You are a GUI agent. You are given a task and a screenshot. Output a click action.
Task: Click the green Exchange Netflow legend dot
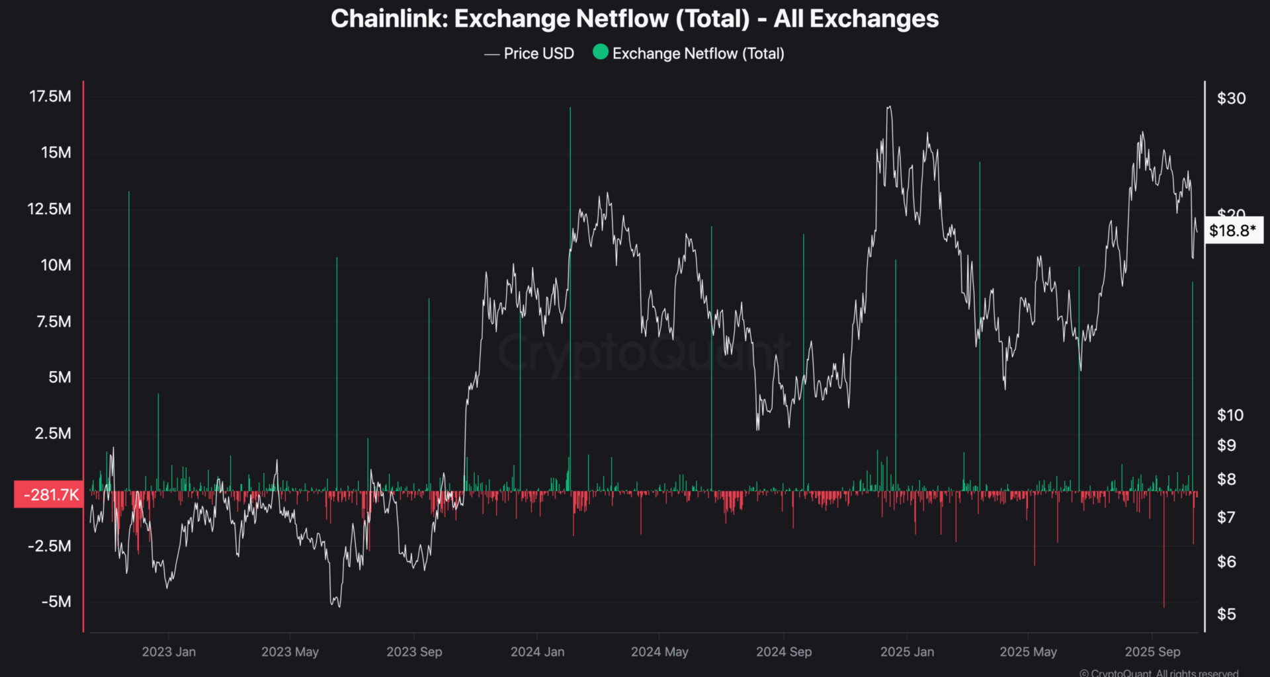pos(601,52)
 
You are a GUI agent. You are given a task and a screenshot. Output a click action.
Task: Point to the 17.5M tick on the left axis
pos(50,97)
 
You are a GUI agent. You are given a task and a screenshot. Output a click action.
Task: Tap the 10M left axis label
pos(56,265)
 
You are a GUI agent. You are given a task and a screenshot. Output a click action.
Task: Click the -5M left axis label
pos(56,602)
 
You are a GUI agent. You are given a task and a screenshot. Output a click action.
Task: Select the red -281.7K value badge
pos(50,495)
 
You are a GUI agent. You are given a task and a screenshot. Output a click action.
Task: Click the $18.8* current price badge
pos(1232,231)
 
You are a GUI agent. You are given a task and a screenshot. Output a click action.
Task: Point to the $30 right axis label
pos(1231,99)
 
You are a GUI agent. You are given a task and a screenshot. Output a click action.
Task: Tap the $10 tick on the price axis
pos(1230,415)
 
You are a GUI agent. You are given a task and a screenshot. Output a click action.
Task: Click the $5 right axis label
pos(1226,614)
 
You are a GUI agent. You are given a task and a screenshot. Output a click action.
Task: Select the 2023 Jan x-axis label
pos(169,652)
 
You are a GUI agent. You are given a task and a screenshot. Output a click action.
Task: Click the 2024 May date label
pos(659,652)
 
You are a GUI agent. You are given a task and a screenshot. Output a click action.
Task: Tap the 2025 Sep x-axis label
pos(1152,652)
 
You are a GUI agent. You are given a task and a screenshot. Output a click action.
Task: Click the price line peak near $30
pos(889,107)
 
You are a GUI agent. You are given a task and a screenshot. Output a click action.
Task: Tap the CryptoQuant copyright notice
pos(1159,672)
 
